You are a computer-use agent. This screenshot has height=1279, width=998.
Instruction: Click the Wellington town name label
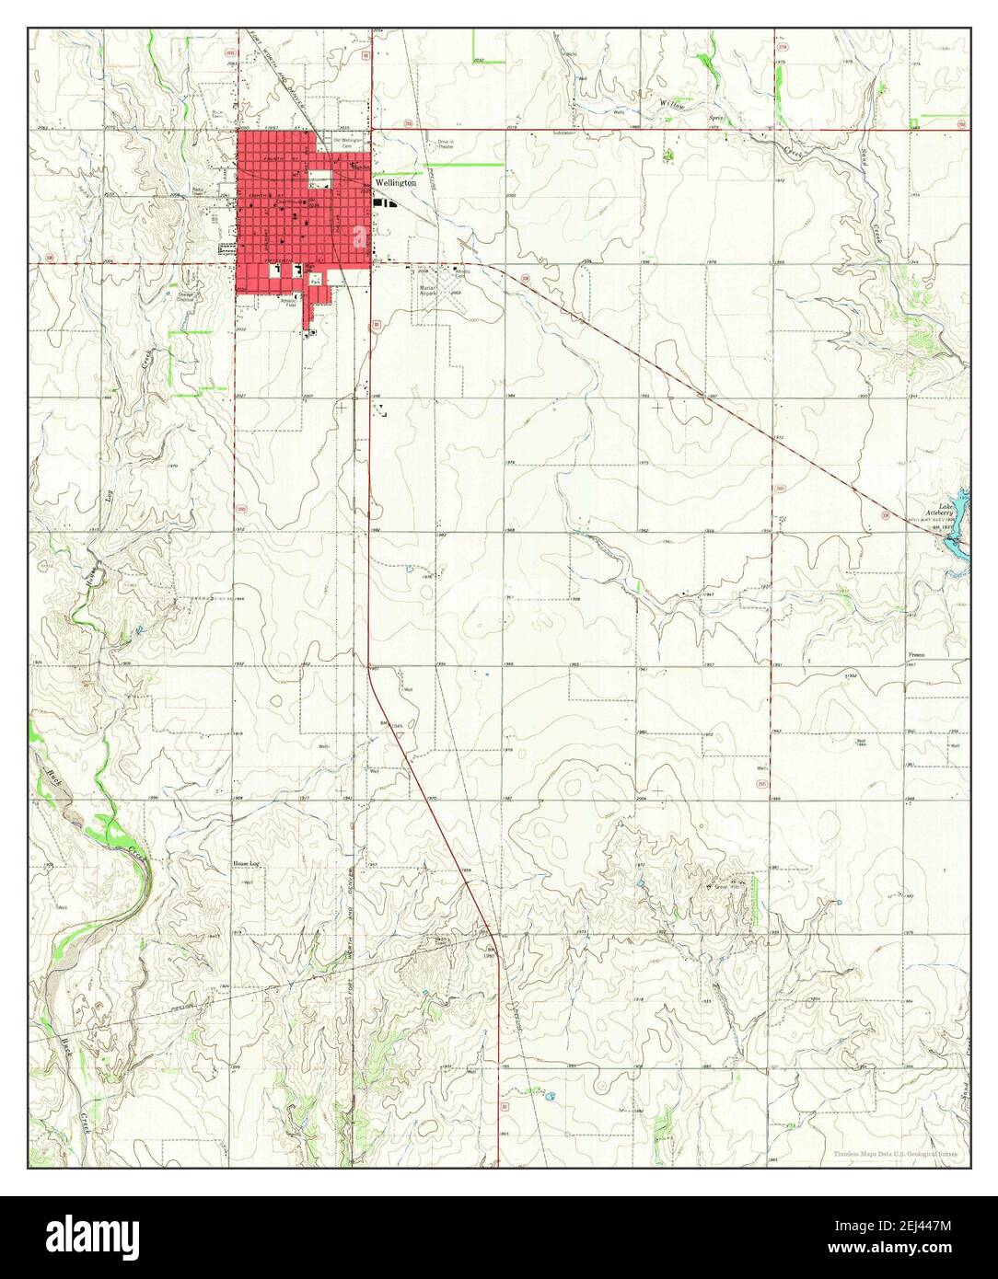[396, 182]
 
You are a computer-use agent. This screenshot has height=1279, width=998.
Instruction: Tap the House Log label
[246, 864]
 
